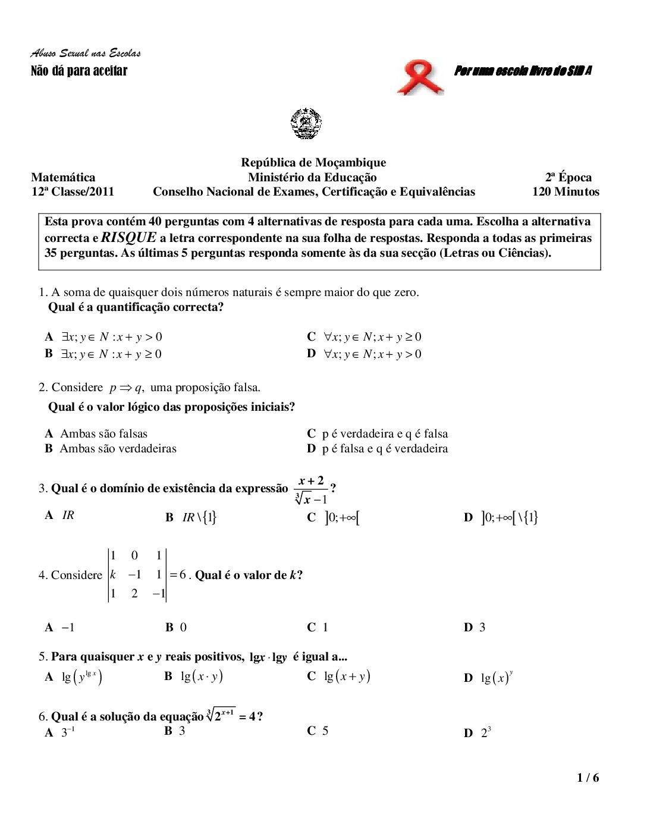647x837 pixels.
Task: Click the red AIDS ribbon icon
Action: click(420, 78)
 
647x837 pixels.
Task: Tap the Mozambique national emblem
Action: click(306, 124)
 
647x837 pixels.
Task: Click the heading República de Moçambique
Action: click(313, 162)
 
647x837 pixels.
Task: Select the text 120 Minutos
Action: click(565, 191)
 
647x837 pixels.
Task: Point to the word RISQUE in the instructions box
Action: click(129, 238)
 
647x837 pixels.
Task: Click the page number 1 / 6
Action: click(588, 778)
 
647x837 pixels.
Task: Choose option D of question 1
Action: click(364, 354)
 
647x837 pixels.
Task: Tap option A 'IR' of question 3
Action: click(60, 515)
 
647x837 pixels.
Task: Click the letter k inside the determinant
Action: click(113, 574)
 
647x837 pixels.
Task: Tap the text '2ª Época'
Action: click(568, 177)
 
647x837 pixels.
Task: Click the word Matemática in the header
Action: click(63, 177)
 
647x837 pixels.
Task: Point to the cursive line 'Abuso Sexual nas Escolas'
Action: click(86, 54)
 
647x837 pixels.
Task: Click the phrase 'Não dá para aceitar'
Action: click(79, 71)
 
